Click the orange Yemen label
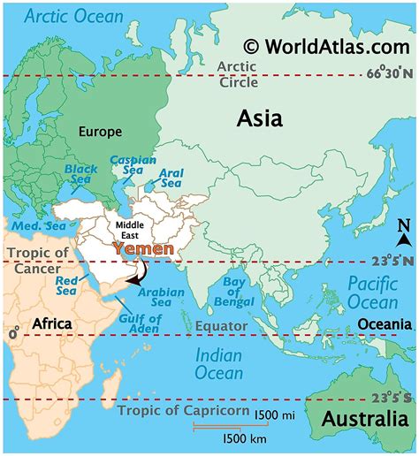pos(143,250)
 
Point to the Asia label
pos(259,118)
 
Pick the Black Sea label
pos(82,173)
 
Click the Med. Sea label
pos(35,226)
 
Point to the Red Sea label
pos(67,285)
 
